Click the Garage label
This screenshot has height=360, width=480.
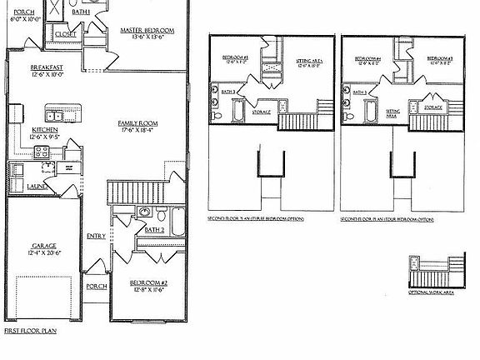pyautogui.click(x=44, y=246)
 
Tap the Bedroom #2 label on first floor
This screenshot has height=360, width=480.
pyautogui.click(x=147, y=283)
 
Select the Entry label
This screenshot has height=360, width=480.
pyautogui.click(x=96, y=236)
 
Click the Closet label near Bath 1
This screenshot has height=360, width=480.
pyautogui.click(x=63, y=34)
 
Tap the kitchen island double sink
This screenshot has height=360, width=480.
pyautogui.click(x=56, y=110)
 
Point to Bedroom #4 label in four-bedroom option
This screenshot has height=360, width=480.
pyautogui.click(x=367, y=58)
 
